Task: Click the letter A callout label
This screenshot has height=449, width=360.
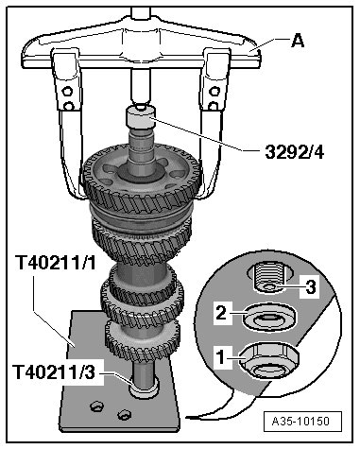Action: (298, 41)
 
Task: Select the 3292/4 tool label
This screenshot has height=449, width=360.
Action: (294, 152)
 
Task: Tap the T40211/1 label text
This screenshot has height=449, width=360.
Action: (56, 263)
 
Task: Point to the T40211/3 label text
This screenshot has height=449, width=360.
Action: (54, 371)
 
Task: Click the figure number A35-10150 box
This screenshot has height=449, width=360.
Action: (302, 422)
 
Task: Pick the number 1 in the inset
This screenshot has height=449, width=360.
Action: (222, 358)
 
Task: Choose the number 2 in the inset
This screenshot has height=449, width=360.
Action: (221, 313)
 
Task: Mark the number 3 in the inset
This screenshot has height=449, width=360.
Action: (311, 287)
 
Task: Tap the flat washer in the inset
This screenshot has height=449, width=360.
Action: (269, 318)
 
